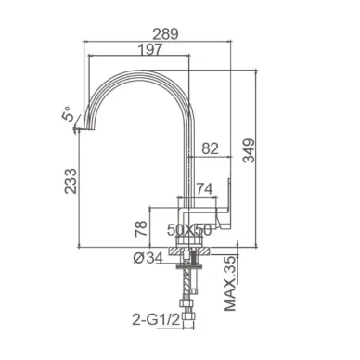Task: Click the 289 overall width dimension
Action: (165, 33)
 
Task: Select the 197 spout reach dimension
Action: (149, 49)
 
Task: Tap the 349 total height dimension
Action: (249, 150)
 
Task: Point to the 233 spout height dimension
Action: (71, 181)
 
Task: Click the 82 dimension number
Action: (211, 148)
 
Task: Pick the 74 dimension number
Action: (204, 189)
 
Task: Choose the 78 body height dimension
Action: (141, 228)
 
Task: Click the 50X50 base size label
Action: (189, 229)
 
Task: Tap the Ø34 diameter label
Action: (148, 258)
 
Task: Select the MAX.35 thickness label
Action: (230, 283)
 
